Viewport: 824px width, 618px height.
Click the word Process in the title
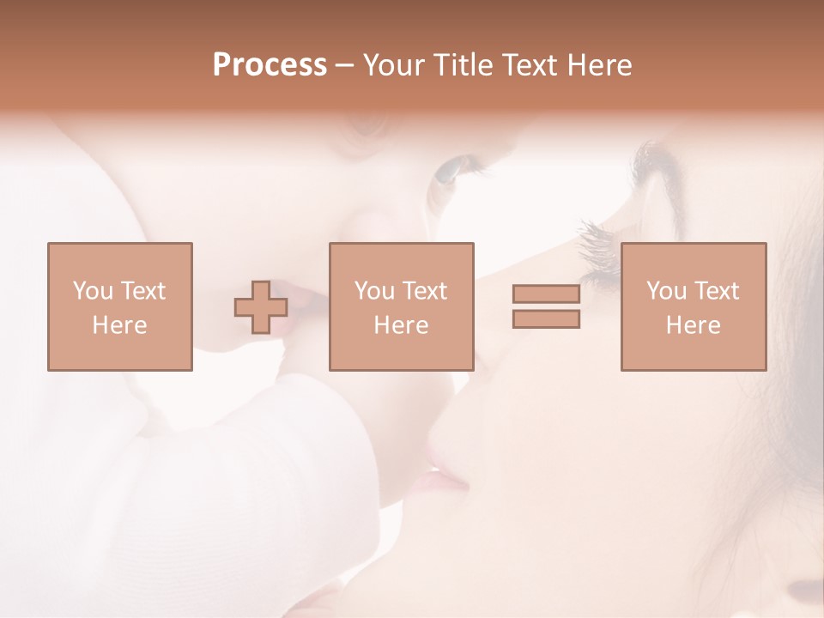(270, 65)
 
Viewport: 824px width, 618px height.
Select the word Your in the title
(394, 65)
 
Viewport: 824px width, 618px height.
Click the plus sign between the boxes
(261, 307)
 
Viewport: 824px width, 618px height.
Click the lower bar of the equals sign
(546, 319)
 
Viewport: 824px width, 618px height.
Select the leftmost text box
(119, 306)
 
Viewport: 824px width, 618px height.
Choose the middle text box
(401, 306)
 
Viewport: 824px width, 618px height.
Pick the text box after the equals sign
(693, 306)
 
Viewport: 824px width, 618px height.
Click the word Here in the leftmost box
(119, 325)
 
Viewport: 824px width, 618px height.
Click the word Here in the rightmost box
(693, 325)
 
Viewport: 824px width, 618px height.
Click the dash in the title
(345, 65)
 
